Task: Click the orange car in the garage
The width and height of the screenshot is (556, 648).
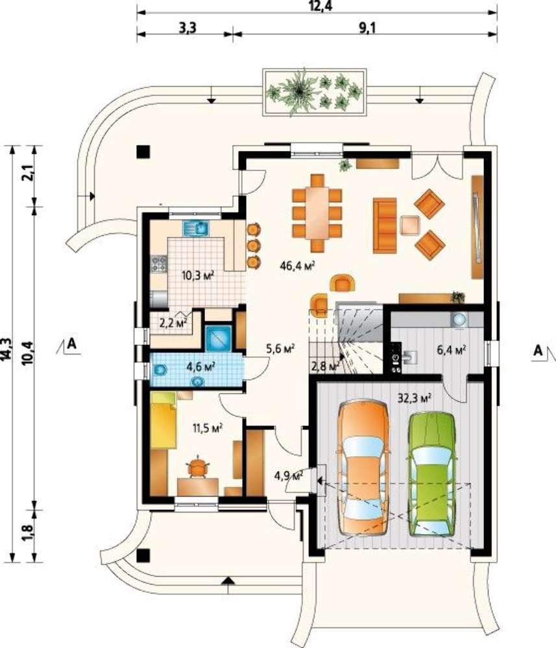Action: click(x=363, y=468)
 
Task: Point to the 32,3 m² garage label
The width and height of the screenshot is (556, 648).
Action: click(x=415, y=398)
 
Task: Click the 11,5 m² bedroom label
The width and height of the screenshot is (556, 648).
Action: click(x=208, y=427)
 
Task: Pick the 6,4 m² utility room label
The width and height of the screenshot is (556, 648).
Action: click(x=452, y=350)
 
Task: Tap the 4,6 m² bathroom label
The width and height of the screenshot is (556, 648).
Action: click(x=202, y=366)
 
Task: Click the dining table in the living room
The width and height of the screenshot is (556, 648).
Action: click(x=317, y=213)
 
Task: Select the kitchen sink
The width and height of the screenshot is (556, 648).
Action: click(x=197, y=227)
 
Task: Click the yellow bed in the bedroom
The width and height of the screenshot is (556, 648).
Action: click(x=163, y=420)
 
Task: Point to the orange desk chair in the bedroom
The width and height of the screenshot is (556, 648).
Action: click(x=198, y=467)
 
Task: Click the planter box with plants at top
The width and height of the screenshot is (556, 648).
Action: click(x=315, y=92)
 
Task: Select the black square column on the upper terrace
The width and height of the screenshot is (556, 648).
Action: click(x=143, y=152)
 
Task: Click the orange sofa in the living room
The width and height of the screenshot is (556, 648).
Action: click(x=385, y=226)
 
